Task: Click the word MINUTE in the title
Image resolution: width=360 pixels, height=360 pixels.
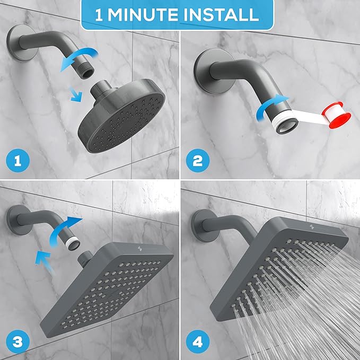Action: (151, 14)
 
